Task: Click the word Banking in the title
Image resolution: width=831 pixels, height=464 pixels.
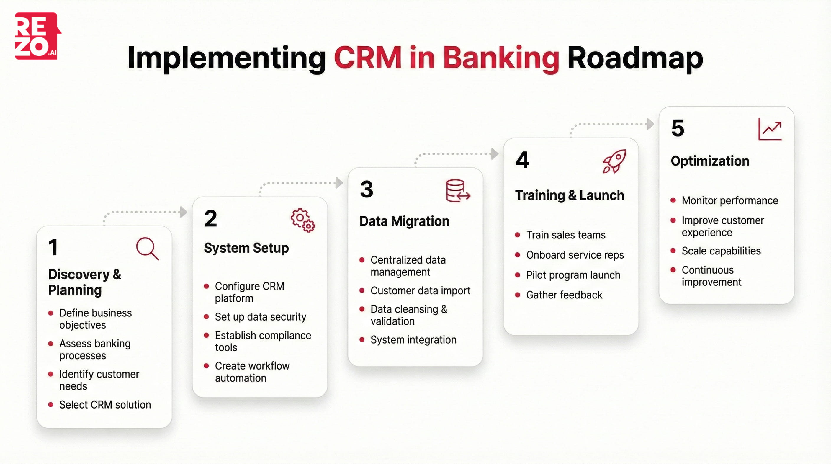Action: [501, 58]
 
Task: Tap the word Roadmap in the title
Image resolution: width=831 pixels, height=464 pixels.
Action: [635, 58]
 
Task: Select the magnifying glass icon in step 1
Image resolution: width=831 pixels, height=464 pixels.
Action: [148, 249]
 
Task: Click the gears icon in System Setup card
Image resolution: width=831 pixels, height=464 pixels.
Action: [302, 220]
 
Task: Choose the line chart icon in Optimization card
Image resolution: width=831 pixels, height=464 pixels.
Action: [770, 129]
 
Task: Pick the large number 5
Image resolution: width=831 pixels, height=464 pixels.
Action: [678, 128]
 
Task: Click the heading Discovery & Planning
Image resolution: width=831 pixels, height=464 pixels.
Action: [84, 282]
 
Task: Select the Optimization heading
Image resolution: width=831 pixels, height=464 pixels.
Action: [710, 161]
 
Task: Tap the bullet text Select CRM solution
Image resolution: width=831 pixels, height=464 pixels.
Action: [105, 405]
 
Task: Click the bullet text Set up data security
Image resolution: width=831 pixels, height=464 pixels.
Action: [260, 317]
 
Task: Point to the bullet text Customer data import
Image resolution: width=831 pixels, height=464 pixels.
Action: [420, 290]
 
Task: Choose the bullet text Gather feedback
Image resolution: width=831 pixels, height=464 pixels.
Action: [564, 295]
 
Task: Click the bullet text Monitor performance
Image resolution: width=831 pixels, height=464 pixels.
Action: [730, 201]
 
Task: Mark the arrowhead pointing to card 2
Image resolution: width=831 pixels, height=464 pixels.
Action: [184, 212]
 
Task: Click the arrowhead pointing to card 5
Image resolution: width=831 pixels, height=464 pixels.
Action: [651, 124]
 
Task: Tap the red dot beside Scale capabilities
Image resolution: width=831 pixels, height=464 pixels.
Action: [673, 251]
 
